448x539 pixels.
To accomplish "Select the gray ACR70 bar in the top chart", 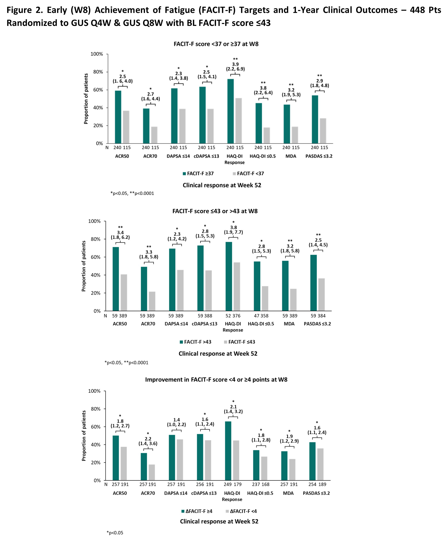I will (x=154, y=135).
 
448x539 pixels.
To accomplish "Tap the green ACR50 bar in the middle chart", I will (x=116, y=279).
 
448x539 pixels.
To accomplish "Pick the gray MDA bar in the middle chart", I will (x=293, y=300).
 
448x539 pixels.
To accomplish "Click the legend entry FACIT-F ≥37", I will (x=198, y=173).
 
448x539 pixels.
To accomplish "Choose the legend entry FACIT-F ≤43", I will (x=240, y=342).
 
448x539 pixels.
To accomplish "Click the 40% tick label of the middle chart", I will (x=95, y=275).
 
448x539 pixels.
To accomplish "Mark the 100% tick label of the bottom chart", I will (x=94, y=391).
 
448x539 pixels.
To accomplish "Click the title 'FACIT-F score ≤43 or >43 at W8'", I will (x=215, y=211).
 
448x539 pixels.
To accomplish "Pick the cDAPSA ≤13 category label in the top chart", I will (x=206, y=156).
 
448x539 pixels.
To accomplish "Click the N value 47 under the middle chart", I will (x=257, y=316).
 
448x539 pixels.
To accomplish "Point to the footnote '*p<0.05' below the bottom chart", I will (x=115, y=533).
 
